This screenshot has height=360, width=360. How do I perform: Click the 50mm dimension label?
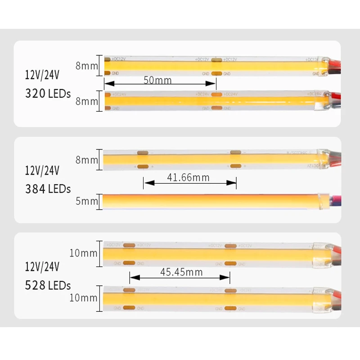(x=157, y=81)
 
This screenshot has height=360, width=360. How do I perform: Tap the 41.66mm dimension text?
(x=188, y=177)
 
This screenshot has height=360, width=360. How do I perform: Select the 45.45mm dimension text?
(x=181, y=272)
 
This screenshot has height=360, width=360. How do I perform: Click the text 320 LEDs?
(x=48, y=94)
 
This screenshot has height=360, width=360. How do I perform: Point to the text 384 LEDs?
(x=48, y=189)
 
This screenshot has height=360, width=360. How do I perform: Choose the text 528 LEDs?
(x=48, y=285)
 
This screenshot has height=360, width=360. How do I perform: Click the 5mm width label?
(x=86, y=201)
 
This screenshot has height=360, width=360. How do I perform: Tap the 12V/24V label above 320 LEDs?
(x=42, y=75)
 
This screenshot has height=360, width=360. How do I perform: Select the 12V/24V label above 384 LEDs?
(x=42, y=171)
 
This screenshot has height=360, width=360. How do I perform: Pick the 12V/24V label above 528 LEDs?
(x=42, y=267)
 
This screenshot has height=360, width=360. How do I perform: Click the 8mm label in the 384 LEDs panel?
(x=86, y=160)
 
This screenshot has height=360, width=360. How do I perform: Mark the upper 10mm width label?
(x=83, y=253)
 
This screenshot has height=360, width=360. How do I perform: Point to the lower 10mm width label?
(x=83, y=298)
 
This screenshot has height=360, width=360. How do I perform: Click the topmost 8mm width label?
(x=86, y=66)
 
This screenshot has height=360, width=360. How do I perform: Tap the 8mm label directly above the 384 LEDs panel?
(x=86, y=102)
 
